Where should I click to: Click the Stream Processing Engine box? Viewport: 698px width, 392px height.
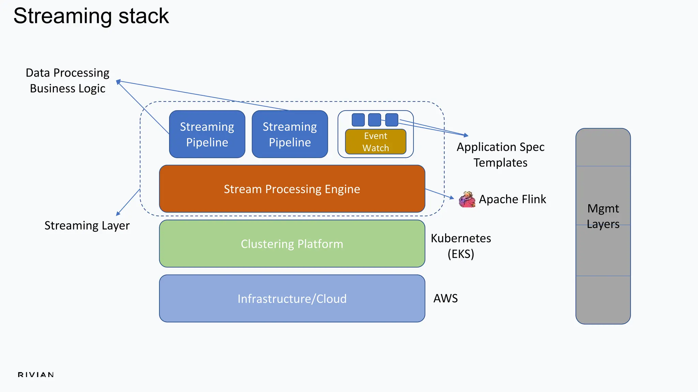[292, 189]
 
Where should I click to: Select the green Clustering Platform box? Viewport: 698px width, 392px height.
[292, 244]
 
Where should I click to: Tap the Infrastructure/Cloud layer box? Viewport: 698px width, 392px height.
[292, 298]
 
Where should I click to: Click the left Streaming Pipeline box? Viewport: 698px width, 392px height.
[207, 134]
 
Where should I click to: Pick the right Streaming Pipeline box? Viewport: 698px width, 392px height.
[290, 134]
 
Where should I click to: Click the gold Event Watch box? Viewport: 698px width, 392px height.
[376, 142]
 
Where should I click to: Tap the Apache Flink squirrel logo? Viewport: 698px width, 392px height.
[467, 199]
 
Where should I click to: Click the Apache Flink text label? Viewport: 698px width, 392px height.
[512, 199]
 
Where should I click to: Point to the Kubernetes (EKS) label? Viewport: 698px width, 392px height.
[461, 246]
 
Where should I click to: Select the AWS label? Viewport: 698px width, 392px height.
[445, 298]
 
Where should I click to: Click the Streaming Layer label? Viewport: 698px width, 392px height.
[87, 226]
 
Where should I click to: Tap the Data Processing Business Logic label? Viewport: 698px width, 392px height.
[67, 81]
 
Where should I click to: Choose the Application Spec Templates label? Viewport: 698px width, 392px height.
[500, 155]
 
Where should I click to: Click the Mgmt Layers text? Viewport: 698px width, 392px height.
[603, 216]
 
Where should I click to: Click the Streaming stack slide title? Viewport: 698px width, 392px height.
[91, 16]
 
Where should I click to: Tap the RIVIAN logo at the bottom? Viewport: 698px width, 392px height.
[36, 375]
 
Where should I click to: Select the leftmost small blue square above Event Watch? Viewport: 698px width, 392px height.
[358, 120]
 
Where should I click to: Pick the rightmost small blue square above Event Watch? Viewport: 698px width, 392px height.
[392, 120]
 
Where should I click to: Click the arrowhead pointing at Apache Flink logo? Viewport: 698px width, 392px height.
[452, 197]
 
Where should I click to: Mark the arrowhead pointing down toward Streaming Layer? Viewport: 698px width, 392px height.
[118, 214]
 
